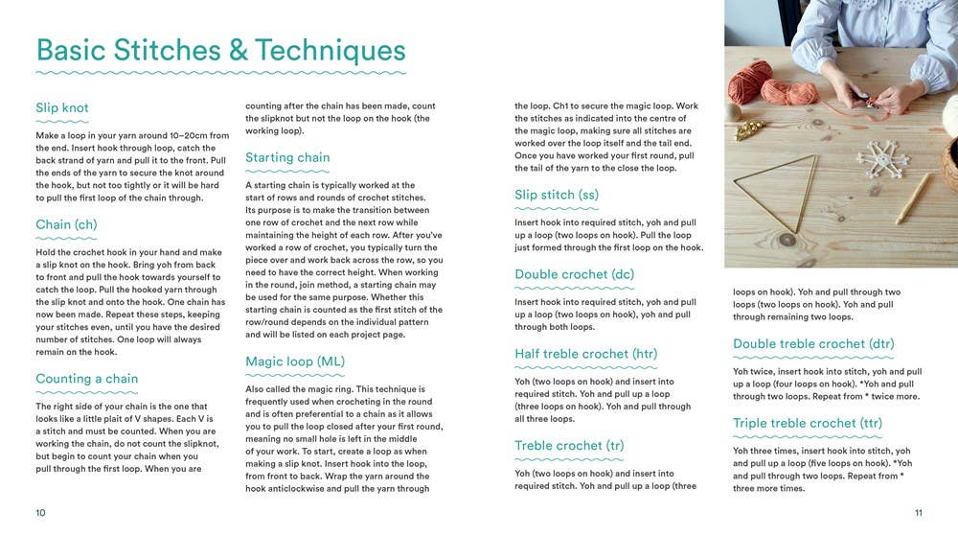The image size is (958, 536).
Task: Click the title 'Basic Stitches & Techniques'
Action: (220, 50)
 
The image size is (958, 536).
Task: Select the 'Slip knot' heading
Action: (62, 107)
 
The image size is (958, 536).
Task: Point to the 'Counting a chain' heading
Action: (86, 379)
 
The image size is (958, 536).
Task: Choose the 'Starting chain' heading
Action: (287, 157)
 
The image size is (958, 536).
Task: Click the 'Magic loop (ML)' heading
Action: (295, 361)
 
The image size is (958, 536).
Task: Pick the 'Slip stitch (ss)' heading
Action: (557, 195)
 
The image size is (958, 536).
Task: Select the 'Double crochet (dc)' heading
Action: (575, 274)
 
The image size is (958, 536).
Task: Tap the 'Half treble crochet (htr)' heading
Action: (585, 354)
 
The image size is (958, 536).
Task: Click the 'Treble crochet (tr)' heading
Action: (569, 445)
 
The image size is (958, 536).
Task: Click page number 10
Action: (40, 513)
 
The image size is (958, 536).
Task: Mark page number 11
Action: (918, 513)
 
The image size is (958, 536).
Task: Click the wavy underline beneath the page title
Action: (220, 73)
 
